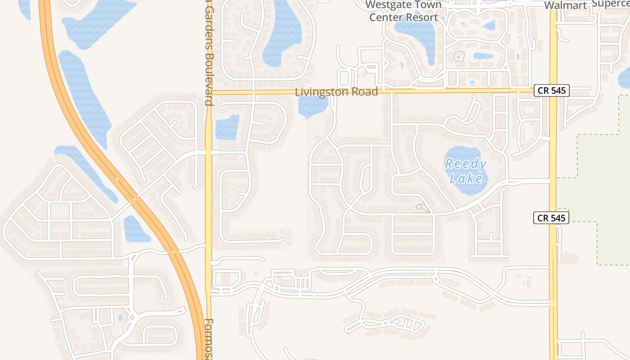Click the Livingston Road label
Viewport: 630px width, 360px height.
[x=336, y=92]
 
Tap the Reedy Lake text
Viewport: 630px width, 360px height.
[x=466, y=171]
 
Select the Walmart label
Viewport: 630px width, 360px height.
[x=566, y=5]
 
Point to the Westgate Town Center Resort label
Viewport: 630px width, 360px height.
[x=403, y=12]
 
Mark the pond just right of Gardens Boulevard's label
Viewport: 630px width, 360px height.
[x=227, y=127]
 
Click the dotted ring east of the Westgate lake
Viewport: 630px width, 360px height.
[x=459, y=57]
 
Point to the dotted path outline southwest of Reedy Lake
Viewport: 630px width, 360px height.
[x=422, y=207]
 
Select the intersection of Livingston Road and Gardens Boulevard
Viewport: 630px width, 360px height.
[x=209, y=92]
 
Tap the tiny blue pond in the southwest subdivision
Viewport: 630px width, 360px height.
[x=120, y=317]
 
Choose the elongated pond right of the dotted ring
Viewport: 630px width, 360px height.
[x=483, y=56]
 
